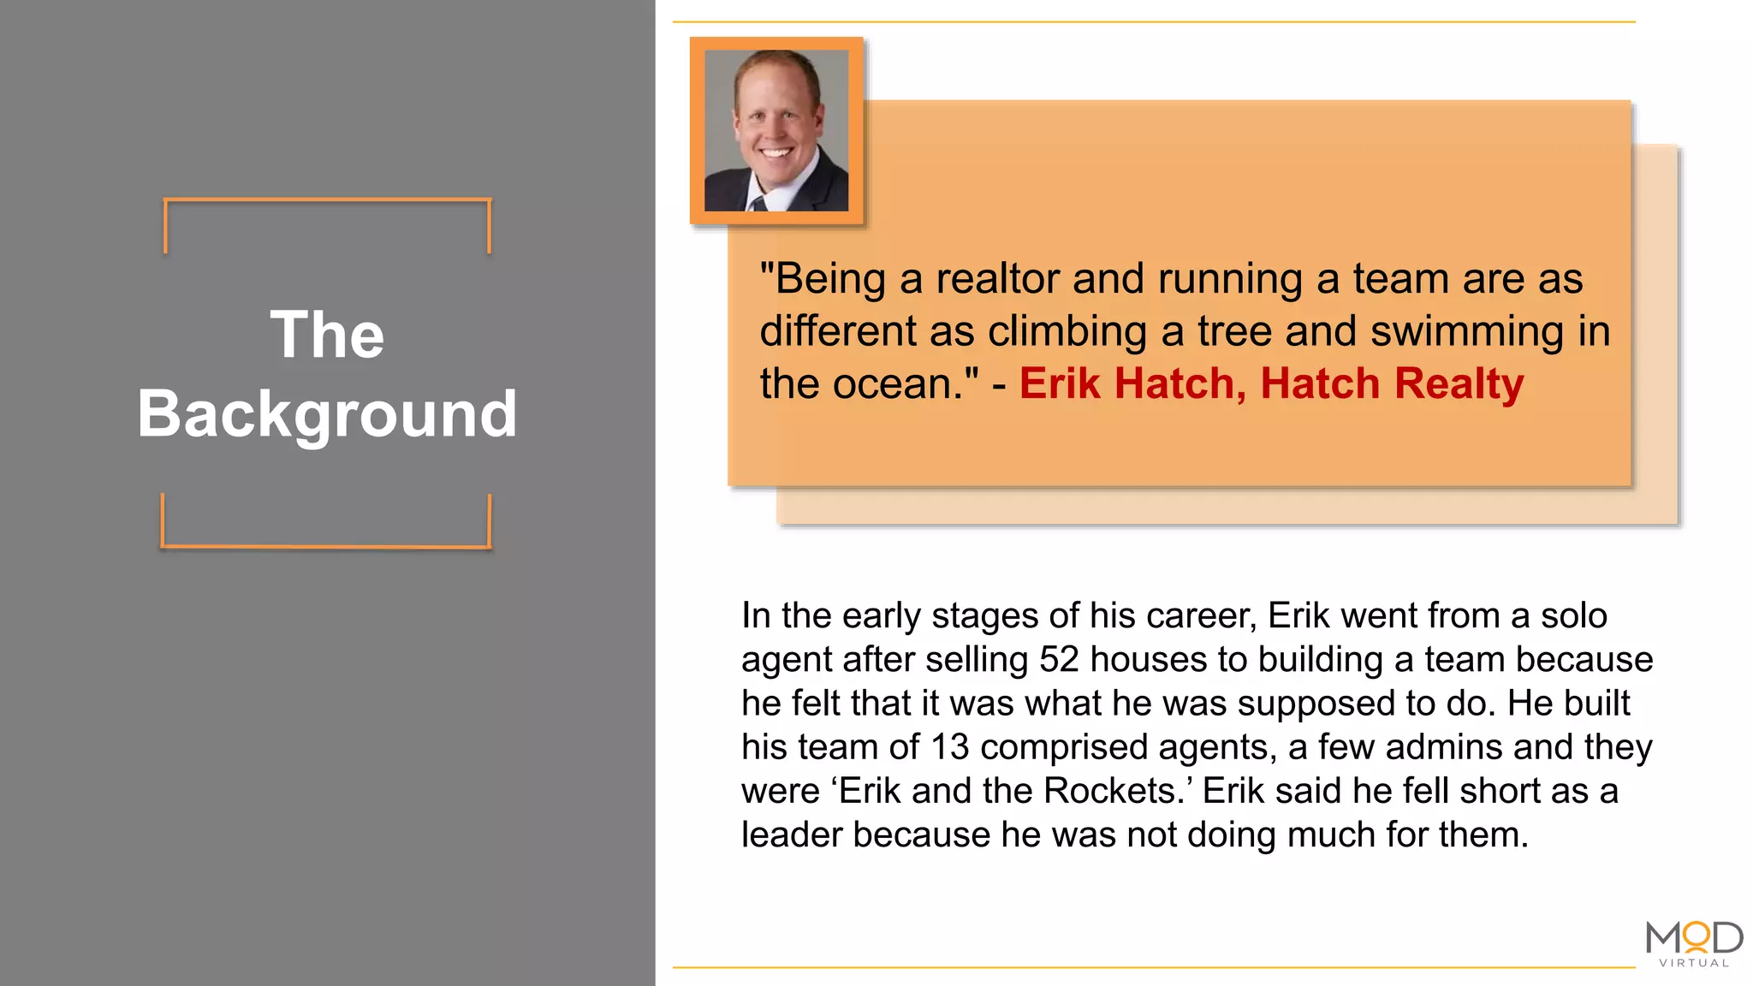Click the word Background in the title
click(327, 414)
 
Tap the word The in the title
click(327, 335)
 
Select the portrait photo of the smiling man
click(776, 130)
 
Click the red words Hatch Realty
click(1392, 383)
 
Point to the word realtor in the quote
click(997, 280)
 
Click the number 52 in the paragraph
click(1059, 660)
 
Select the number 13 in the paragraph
click(949, 747)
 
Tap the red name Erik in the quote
click(1060, 383)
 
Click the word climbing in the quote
click(1067, 332)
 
